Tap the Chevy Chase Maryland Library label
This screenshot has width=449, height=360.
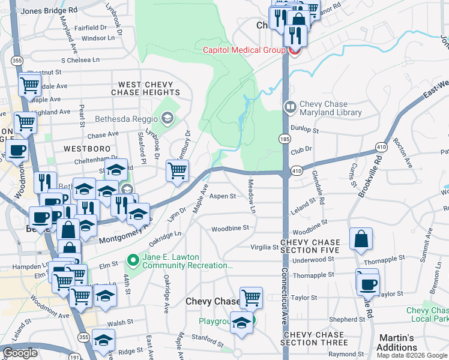(331, 108)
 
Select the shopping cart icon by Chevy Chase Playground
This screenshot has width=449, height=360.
(251, 296)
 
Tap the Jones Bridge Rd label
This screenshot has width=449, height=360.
(49, 11)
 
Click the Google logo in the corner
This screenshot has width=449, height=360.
(20, 353)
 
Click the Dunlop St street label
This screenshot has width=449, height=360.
(304, 129)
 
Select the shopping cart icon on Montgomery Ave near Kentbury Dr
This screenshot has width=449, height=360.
(177, 172)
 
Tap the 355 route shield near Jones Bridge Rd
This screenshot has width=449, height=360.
(17, 61)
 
